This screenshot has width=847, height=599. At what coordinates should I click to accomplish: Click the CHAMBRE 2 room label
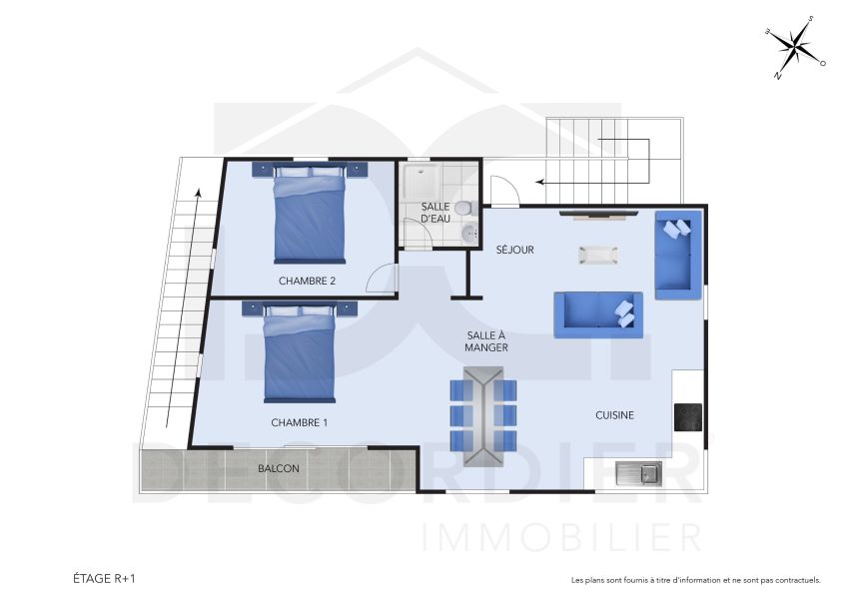(x=307, y=281)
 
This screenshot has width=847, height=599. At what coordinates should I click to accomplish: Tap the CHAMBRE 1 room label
(x=300, y=422)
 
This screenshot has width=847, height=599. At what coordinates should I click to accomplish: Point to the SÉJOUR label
(x=515, y=250)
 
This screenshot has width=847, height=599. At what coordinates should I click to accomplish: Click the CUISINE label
(x=614, y=414)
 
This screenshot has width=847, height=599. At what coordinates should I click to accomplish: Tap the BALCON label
(x=278, y=467)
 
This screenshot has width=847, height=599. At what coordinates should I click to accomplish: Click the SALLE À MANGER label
(x=486, y=341)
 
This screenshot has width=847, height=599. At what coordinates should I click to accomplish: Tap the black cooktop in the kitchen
(x=688, y=416)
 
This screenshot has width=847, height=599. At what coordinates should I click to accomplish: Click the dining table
(x=482, y=415)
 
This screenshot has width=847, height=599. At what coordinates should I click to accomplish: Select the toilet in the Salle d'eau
(x=462, y=209)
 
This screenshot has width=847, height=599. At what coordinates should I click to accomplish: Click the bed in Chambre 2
(x=310, y=213)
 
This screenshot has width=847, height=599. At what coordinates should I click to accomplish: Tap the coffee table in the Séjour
(x=598, y=255)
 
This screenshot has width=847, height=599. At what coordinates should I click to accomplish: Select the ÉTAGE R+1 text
(x=104, y=578)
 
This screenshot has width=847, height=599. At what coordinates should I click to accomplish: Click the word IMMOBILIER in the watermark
(x=562, y=537)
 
